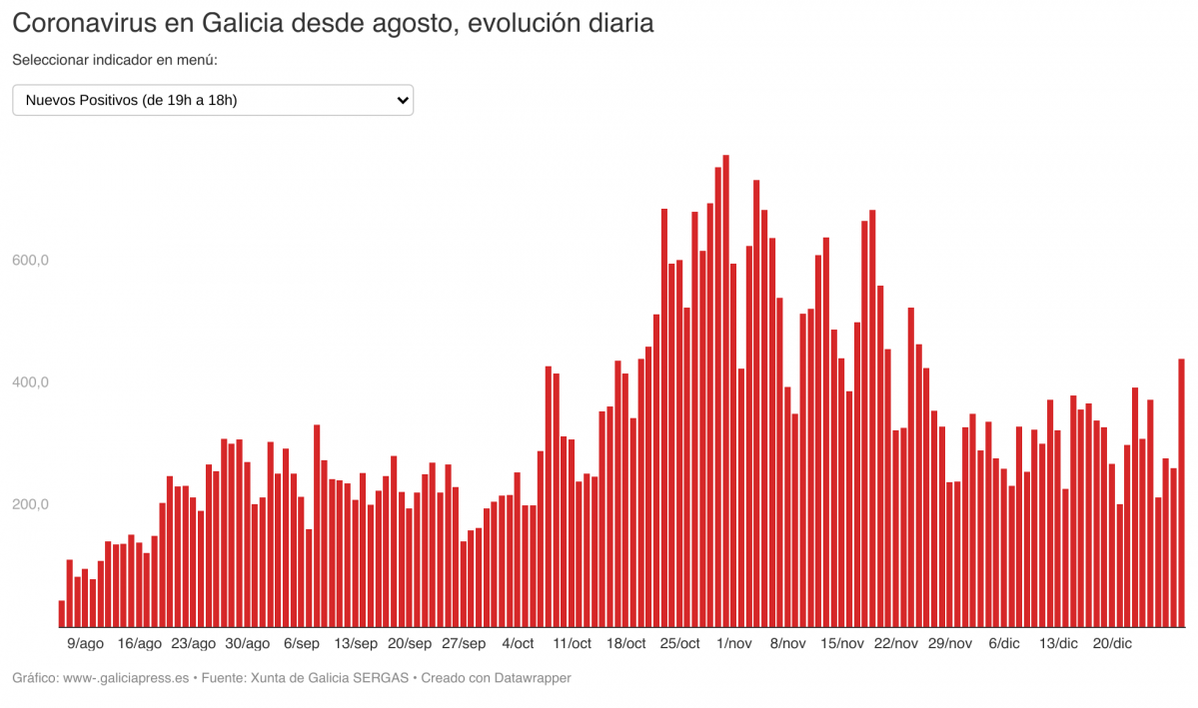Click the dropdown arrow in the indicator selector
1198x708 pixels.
[402, 100]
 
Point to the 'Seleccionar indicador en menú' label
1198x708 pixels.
[115, 61]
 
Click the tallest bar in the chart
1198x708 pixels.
[725, 390]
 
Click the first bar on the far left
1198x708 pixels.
[62, 613]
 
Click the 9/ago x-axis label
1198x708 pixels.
[85, 644]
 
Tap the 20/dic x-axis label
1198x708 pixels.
[1113, 644]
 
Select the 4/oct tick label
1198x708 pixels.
[518, 644]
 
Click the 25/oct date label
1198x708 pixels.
[680, 644]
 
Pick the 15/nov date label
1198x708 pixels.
[842, 644]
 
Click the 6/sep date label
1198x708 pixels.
[302, 644]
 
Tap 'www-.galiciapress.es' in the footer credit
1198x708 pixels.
[125, 678]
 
